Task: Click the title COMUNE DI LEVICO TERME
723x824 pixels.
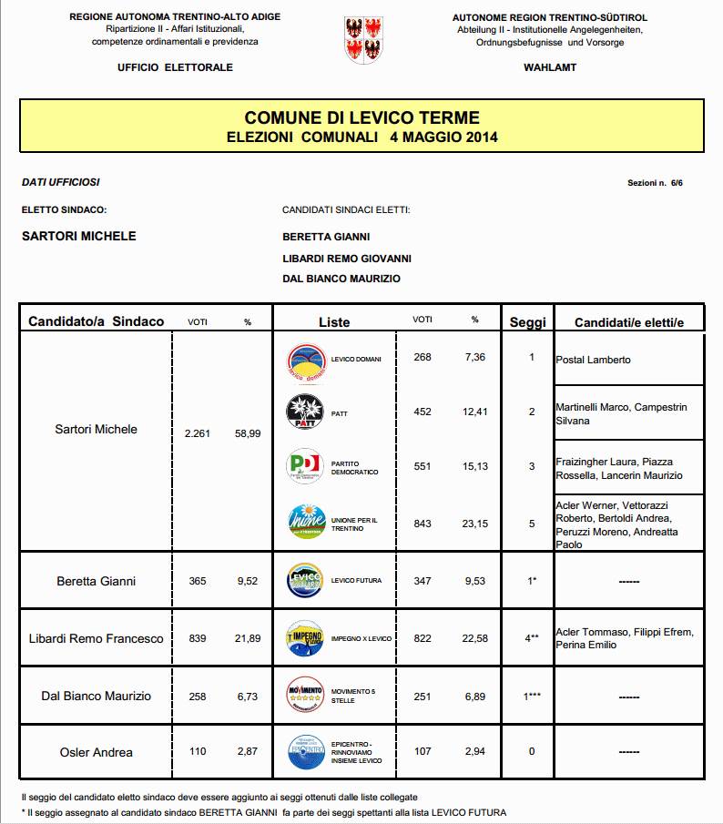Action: (361, 118)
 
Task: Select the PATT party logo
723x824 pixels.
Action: (304, 412)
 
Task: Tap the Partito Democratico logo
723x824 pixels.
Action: (304, 467)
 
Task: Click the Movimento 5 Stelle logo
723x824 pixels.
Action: (304, 695)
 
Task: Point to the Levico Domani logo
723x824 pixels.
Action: (304, 359)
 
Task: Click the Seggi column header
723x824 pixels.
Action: (527, 321)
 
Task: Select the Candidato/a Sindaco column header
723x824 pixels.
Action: (97, 321)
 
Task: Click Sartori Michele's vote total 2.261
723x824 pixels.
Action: (197, 433)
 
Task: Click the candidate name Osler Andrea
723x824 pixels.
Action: (97, 752)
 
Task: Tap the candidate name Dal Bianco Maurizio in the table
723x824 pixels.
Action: (97, 697)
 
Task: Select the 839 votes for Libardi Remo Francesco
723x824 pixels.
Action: (197, 638)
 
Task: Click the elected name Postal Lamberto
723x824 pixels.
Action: (593, 360)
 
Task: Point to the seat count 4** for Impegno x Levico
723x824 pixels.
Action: (531, 638)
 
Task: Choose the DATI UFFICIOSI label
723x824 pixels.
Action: (60, 182)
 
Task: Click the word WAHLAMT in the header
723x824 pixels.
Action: (550, 67)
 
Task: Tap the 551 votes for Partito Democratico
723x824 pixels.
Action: (423, 466)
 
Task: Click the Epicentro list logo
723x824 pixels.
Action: (304, 752)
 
